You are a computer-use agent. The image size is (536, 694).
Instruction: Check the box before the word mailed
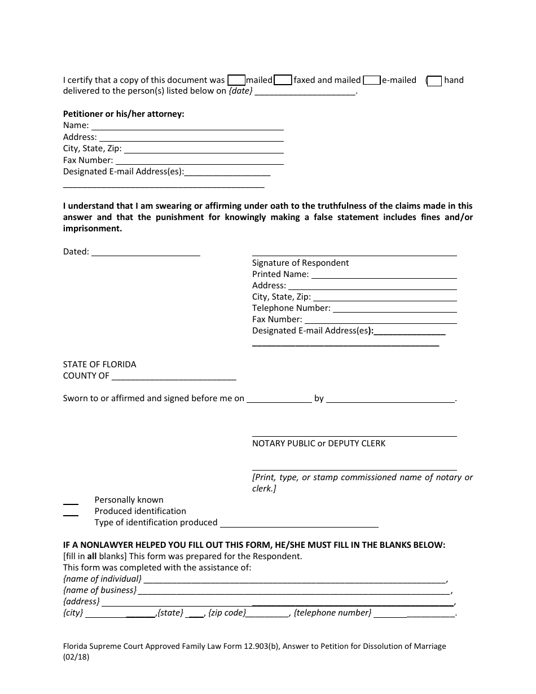coord(236,80)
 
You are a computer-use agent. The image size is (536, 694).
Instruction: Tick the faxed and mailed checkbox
coord(283,80)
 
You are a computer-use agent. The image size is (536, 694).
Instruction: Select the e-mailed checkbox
coord(371,80)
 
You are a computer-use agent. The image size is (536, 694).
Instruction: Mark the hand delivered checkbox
coord(434,81)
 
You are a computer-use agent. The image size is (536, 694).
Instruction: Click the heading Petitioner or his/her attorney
coord(124,114)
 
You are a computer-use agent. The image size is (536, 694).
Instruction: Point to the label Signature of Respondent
coord(300,263)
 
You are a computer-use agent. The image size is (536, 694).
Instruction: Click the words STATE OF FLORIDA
coord(99,364)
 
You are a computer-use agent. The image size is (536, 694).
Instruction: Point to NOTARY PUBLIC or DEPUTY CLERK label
coord(319,443)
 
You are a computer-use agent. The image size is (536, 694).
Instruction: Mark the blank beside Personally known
coord(71,501)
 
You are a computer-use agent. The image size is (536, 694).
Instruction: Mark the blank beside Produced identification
coord(71,512)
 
